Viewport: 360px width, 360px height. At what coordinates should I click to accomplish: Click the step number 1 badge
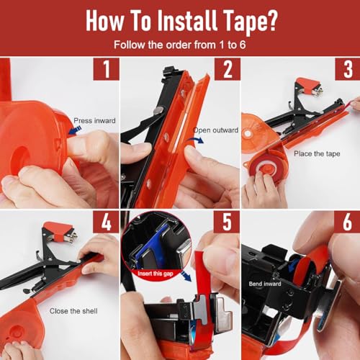107,69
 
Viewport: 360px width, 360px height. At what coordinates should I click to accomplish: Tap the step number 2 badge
228,69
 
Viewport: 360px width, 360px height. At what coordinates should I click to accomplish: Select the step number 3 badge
348,69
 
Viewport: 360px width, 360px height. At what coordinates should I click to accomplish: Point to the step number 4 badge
107,222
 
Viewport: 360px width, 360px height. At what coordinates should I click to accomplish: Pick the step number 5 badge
227,222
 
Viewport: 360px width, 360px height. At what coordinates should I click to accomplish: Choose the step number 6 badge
347,222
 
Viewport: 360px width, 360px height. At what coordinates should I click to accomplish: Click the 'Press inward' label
94,120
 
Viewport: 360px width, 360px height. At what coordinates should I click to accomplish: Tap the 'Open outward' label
216,130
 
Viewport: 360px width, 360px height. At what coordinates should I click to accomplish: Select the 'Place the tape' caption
317,153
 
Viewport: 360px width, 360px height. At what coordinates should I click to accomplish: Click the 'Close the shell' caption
73,311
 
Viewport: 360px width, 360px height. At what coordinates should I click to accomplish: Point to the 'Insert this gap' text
156,274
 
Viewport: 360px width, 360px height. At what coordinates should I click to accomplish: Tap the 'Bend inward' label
265,284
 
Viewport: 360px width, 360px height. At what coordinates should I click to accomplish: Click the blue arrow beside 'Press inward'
75,130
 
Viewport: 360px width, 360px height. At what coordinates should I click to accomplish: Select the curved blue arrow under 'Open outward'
195,140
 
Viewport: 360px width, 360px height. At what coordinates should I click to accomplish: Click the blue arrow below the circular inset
186,276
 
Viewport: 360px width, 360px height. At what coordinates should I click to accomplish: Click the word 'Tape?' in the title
249,22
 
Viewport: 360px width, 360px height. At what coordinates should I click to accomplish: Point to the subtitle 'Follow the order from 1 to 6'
180,45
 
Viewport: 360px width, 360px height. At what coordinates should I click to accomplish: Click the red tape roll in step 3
264,168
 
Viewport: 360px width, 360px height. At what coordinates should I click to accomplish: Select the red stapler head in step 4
60,231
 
